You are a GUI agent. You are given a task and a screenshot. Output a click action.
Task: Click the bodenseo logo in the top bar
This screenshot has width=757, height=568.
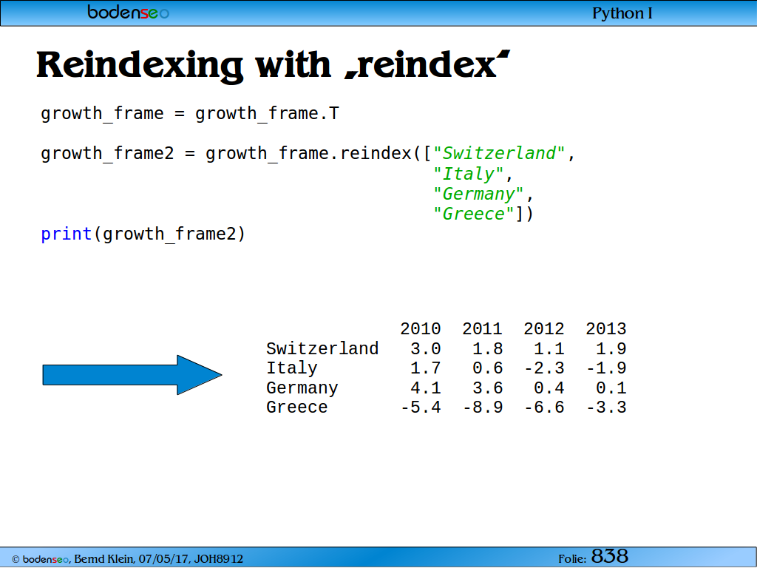(128, 12)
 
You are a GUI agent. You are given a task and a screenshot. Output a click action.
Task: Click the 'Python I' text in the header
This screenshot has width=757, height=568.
(622, 13)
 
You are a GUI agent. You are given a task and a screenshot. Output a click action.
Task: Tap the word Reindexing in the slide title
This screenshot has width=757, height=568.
(140, 66)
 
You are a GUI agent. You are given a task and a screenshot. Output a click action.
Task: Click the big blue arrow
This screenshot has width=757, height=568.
(132, 375)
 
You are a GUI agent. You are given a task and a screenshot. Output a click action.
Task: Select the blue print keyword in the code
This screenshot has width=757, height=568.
(66, 234)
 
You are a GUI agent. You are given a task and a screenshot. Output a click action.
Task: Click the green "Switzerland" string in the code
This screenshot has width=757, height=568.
(499, 153)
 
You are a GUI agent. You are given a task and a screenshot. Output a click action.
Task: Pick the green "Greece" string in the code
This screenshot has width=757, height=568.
(473, 214)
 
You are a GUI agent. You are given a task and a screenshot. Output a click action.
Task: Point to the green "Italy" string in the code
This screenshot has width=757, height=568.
(468, 173)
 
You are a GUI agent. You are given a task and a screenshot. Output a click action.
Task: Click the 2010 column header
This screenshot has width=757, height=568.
(421, 328)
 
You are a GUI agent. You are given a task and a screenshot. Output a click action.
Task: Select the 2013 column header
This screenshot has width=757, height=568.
(606, 328)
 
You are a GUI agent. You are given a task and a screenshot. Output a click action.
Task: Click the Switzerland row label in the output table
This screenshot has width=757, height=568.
(322, 348)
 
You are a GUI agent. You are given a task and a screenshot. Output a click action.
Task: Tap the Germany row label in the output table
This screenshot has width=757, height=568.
(302, 388)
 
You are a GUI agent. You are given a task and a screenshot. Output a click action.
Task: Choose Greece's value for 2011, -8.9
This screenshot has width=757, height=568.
(483, 408)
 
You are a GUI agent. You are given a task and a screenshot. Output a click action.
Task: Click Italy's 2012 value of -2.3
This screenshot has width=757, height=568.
(544, 368)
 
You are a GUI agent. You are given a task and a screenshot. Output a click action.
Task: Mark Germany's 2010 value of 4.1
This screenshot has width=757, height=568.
(425, 388)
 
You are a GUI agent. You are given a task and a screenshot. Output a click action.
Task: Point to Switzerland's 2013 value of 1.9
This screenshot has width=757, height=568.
(611, 348)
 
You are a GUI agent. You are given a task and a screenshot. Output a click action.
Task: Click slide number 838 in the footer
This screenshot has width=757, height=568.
(610, 556)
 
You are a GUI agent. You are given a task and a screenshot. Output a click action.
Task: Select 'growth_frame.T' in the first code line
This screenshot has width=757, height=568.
(267, 113)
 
